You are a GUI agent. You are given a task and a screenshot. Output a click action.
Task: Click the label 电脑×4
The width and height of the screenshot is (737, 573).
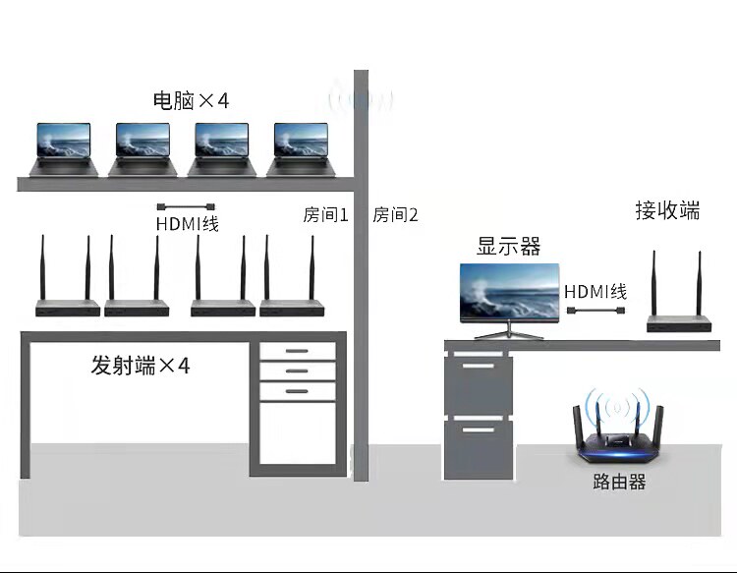(x=191, y=100)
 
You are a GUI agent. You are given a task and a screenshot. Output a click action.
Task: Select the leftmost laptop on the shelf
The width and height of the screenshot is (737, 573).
(x=64, y=148)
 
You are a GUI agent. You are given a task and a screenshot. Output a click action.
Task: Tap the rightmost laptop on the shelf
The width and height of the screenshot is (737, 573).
(x=301, y=148)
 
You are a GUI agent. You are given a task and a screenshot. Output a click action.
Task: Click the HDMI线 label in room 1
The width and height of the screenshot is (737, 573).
(x=187, y=224)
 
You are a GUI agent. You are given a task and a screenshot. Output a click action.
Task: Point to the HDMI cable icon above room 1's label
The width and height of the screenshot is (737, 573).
(x=186, y=206)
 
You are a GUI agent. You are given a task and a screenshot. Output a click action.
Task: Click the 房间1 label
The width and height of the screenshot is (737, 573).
(x=326, y=215)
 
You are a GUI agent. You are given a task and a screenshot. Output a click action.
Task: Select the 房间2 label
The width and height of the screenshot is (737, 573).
(x=395, y=215)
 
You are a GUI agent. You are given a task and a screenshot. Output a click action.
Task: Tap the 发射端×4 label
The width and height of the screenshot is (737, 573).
(x=141, y=367)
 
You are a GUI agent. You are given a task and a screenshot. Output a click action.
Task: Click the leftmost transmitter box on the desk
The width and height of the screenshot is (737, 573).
(x=68, y=307)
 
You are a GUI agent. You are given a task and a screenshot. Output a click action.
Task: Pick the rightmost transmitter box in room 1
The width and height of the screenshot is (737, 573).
(x=291, y=307)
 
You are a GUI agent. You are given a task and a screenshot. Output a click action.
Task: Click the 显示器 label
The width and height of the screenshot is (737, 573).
(x=509, y=246)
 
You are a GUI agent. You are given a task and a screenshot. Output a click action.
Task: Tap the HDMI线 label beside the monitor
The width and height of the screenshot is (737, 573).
(x=595, y=292)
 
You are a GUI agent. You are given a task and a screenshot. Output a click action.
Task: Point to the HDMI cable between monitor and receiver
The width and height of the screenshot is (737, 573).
(x=595, y=312)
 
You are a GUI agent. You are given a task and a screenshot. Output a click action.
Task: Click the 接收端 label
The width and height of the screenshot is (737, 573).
(x=668, y=210)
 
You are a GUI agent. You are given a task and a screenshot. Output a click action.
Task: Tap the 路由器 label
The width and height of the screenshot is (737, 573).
(x=619, y=483)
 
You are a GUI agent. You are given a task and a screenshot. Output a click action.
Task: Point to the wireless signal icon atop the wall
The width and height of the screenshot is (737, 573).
(x=361, y=100)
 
